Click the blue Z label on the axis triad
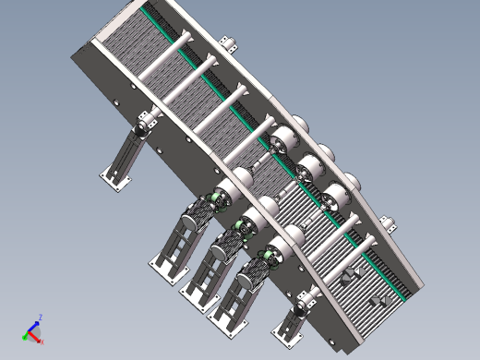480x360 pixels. coord(41,318)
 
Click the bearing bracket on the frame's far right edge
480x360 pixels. coord(390,224)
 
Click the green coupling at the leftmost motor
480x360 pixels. coord(219,198)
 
